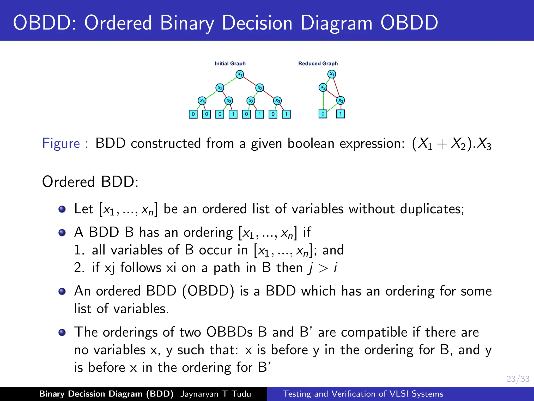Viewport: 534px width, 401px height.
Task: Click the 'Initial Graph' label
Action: click(x=230, y=63)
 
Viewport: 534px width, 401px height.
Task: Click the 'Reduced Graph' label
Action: click(x=318, y=63)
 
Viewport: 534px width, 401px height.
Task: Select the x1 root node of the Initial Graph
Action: click(x=240, y=74)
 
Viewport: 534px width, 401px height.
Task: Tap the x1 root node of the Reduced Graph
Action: click(x=331, y=74)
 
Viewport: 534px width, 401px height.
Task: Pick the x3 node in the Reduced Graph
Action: click(x=341, y=101)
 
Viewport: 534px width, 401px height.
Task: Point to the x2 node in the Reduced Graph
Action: click(x=323, y=87)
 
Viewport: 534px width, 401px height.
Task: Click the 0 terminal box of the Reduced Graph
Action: click(x=323, y=114)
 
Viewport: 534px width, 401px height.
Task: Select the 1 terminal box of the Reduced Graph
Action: click(x=340, y=114)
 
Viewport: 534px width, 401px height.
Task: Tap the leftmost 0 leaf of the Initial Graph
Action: click(x=193, y=114)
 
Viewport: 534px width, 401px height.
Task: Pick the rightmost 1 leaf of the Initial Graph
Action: click(x=286, y=114)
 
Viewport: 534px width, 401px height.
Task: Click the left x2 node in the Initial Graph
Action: click(x=220, y=88)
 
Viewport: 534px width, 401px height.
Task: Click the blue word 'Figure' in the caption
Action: click(x=61, y=143)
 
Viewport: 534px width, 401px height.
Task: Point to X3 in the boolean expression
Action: click(x=484, y=144)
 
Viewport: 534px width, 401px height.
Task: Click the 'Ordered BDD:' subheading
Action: click(x=90, y=182)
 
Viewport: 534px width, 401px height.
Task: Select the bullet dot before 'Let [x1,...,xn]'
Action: click(x=62, y=209)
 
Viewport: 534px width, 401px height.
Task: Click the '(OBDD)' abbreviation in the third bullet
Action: click(x=208, y=291)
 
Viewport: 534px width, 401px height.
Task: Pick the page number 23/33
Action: click(x=518, y=379)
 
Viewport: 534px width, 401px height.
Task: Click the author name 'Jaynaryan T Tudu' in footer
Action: click(x=215, y=394)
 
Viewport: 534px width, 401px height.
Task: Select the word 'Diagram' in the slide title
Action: click(x=336, y=23)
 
